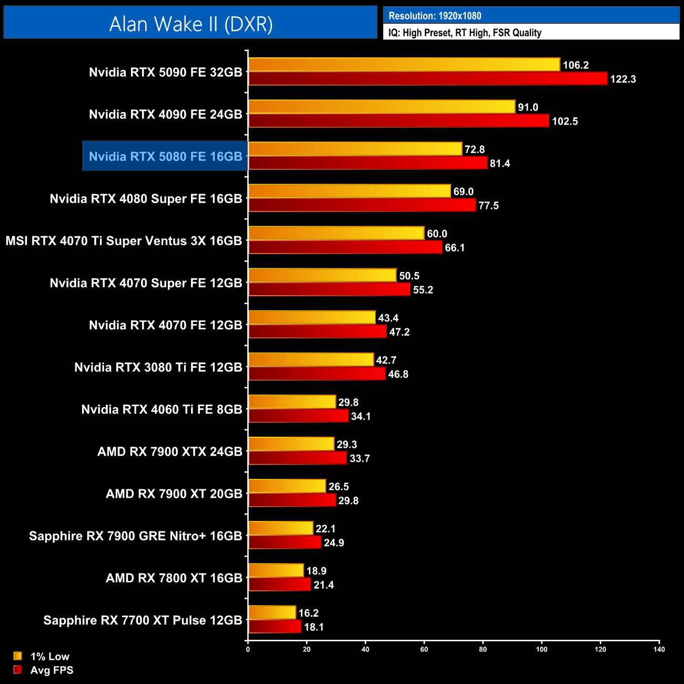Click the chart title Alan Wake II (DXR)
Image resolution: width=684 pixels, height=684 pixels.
point(190,24)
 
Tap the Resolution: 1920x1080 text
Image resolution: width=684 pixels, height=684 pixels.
point(435,16)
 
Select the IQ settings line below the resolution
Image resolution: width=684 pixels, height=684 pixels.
point(465,33)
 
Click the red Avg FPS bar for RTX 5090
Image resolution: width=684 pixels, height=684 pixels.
point(427,79)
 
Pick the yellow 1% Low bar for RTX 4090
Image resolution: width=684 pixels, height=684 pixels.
point(381,107)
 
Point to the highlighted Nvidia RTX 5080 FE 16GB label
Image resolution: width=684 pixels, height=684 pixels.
point(165,156)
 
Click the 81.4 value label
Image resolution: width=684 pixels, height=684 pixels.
point(500,164)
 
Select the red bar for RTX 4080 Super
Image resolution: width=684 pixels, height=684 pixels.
point(361,205)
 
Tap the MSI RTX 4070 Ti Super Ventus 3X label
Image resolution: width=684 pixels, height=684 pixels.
point(124,241)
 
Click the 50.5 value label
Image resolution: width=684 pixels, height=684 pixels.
point(409,276)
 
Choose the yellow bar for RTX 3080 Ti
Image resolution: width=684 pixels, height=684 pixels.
point(310,360)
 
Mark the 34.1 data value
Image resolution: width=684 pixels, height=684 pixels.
point(361,417)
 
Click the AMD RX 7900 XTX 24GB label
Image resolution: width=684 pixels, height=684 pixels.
point(169,451)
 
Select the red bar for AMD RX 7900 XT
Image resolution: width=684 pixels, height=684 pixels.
point(292,500)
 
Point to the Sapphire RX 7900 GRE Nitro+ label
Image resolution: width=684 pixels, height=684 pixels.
point(135,536)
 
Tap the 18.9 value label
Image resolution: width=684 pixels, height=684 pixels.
point(316,571)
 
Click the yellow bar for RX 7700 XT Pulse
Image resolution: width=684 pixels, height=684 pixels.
point(272,612)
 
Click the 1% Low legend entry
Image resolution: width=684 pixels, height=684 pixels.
point(49,656)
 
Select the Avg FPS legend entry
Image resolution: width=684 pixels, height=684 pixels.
point(52,670)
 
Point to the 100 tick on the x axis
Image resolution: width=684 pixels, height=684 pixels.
point(541,649)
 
